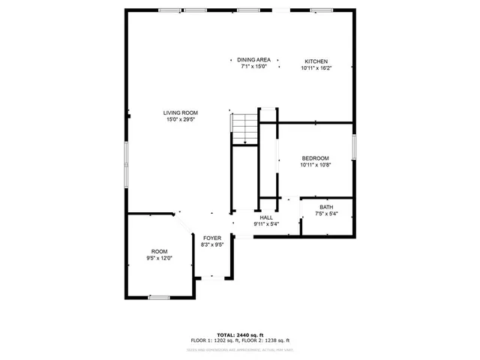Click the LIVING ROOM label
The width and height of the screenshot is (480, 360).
(x=181, y=112)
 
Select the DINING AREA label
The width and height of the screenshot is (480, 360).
(x=254, y=60)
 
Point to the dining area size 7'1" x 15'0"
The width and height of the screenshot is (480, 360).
(x=254, y=67)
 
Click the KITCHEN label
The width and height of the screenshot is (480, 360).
(x=316, y=61)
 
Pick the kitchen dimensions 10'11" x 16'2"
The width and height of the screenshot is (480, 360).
(x=316, y=68)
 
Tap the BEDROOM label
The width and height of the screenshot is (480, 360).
(x=315, y=157)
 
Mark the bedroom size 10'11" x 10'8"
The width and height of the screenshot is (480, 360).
(x=315, y=164)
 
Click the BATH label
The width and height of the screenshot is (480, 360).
(x=326, y=208)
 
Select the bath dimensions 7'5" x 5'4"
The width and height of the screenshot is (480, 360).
(x=326, y=214)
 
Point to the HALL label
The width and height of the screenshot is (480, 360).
(x=266, y=217)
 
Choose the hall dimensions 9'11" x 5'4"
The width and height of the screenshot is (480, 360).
(x=266, y=223)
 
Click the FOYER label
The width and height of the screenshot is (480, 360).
(x=212, y=238)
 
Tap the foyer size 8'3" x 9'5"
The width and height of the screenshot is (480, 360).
(x=212, y=244)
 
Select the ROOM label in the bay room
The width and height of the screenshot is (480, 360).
(x=159, y=251)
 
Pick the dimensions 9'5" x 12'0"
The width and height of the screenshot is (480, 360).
(x=159, y=258)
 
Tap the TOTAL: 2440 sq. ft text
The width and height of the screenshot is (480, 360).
(x=239, y=334)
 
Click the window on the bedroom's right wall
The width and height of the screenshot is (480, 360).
(x=352, y=147)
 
